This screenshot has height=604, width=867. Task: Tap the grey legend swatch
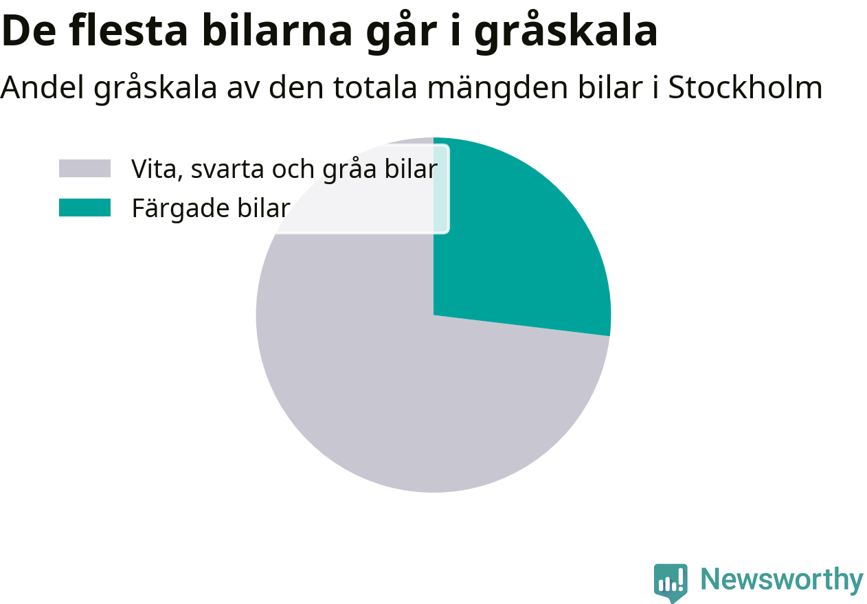pyautogui.click(x=85, y=168)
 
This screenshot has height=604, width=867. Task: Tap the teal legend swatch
pyautogui.click(x=85, y=208)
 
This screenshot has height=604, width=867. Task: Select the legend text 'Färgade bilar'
pyautogui.click(x=211, y=209)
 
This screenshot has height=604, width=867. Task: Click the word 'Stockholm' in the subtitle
pyautogui.click(x=745, y=87)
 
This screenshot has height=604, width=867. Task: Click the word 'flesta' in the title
pyautogui.click(x=128, y=31)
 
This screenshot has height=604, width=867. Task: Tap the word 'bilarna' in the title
pyautogui.click(x=277, y=31)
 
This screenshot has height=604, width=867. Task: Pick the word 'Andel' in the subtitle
pyautogui.click(x=42, y=87)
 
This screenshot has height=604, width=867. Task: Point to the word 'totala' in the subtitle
pyautogui.click(x=375, y=87)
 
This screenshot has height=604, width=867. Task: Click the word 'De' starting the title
pyautogui.click(x=29, y=31)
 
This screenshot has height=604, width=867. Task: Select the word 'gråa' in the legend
pyautogui.click(x=350, y=170)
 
